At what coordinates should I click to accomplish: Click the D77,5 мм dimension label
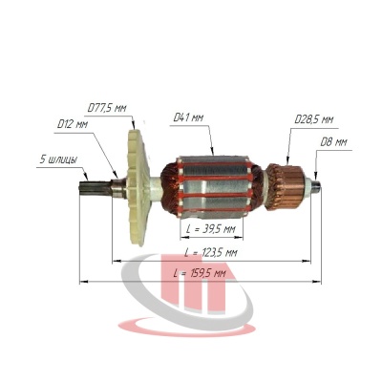coord(107,108)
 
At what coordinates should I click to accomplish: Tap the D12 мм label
coord(73,124)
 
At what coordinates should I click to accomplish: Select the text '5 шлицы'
coord(58,159)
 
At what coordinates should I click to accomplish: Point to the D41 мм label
coord(188,118)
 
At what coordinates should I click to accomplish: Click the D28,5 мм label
coord(314,119)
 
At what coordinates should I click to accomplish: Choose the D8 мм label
coord(333,142)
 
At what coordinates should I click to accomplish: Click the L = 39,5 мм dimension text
coord(211,229)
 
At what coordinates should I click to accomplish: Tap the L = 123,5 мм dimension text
coord(211,253)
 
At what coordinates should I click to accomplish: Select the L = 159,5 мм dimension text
coord(200,273)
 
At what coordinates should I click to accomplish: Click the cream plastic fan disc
coord(138,188)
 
